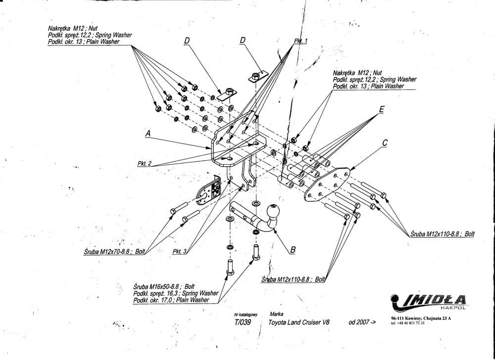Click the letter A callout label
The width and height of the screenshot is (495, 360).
(x=148, y=134)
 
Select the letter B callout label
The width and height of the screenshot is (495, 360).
(x=293, y=250)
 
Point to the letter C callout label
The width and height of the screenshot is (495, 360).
(x=385, y=143)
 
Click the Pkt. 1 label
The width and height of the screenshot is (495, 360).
(x=301, y=41)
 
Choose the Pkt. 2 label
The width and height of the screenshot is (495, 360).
(x=145, y=163)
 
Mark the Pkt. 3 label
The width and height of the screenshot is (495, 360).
(x=179, y=252)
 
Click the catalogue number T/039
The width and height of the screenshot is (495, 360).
(x=243, y=322)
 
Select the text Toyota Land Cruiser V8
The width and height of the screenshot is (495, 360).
(x=299, y=322)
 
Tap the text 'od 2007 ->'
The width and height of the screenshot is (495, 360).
(x=362, y=322)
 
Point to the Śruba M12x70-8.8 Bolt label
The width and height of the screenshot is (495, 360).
(x=114, y=252)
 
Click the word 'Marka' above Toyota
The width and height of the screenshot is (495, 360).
(x=277, y=314)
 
